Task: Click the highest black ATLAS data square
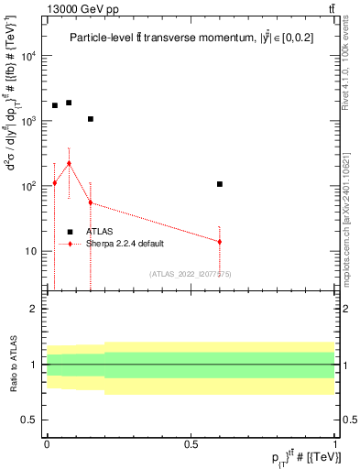pyautogui.click(x=69, y=103)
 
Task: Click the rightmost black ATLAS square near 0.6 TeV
pyautogui.click(x=220, y=184)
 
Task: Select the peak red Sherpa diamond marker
pyautogui.click(x=69, y=163)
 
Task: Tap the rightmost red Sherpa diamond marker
pyautogui.click(x=220, y=242)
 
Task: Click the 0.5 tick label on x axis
pyautogui.click(x=191, y=444)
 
